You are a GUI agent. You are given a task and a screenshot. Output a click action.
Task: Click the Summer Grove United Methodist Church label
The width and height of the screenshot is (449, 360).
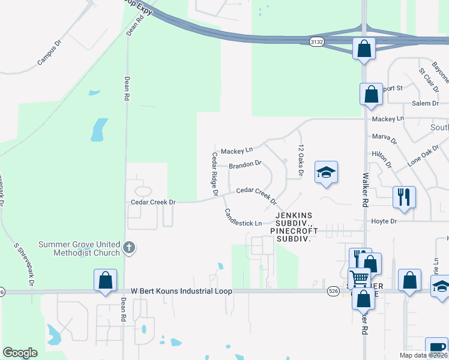click(79, 248)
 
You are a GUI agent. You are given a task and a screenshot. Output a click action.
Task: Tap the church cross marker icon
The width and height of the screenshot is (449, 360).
click(128, 248)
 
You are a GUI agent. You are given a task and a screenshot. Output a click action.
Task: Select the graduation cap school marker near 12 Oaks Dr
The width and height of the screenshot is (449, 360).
click(326, 173)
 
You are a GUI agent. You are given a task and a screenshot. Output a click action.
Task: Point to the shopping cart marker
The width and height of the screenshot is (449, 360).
click(359, 278)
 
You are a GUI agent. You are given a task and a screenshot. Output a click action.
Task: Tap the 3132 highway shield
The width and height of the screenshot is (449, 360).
click(317, 41)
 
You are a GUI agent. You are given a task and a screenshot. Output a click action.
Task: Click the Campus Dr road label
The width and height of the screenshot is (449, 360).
click(50, 53)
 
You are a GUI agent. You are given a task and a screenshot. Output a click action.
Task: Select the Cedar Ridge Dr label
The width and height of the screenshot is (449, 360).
click(214, 173)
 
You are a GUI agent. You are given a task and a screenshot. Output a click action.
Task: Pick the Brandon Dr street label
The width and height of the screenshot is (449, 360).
click(246, 163)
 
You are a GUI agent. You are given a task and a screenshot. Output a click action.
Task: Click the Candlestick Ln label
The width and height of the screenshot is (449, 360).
click(243, 218)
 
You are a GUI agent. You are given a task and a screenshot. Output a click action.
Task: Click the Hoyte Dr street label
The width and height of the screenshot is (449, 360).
click(385, 221)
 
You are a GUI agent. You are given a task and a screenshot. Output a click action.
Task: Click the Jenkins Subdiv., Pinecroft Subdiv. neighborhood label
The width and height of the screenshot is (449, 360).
click(294, 226)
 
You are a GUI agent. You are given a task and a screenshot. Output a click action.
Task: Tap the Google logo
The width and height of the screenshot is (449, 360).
click(20, 353)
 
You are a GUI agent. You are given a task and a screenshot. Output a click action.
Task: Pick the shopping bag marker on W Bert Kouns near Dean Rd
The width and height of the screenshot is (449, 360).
click(105, 280)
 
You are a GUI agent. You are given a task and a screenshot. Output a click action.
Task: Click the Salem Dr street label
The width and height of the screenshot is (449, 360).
click(426, 103)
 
